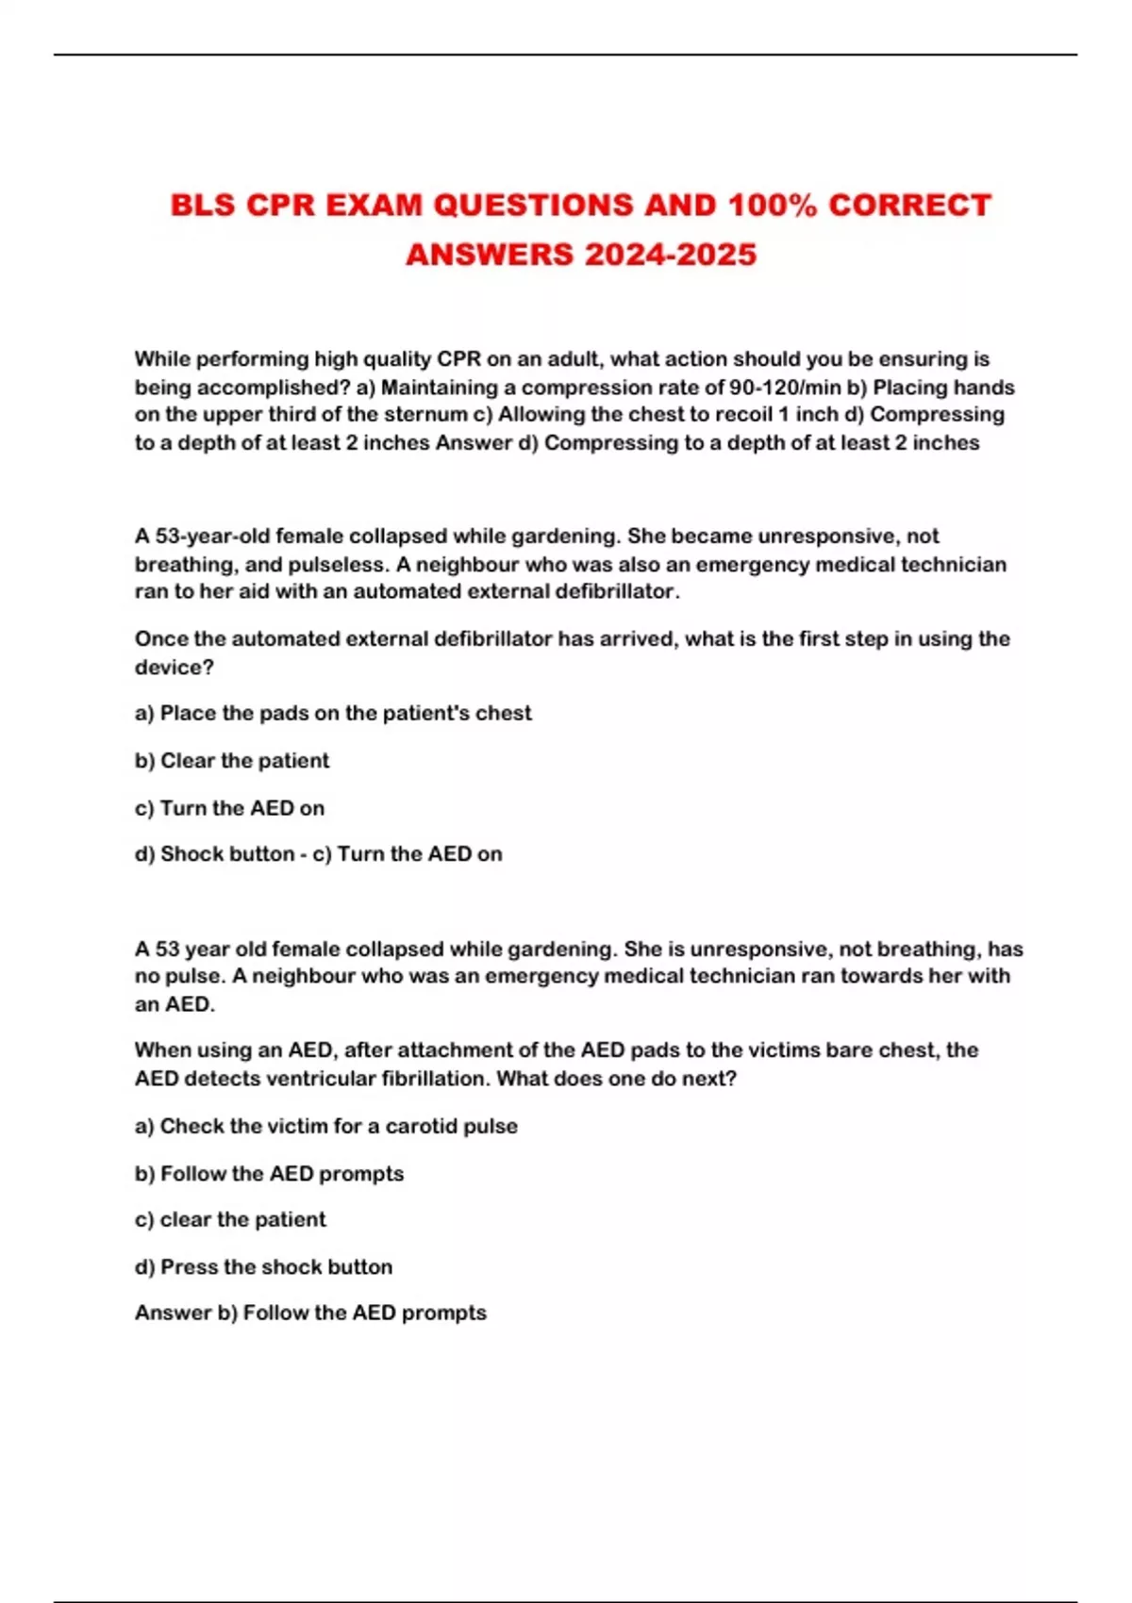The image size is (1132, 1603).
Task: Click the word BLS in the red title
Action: click(203, 206)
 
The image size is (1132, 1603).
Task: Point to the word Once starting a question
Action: click(161, 639)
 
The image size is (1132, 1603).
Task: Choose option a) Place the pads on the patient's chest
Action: click(333, 714)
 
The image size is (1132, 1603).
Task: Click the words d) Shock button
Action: click(214, 854)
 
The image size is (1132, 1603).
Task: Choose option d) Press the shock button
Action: click(263, 1267)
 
